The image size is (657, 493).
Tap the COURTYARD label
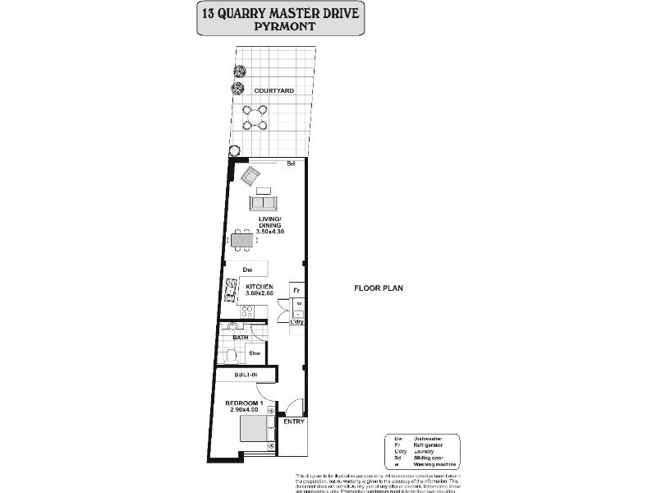274,90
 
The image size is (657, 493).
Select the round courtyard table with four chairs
255,117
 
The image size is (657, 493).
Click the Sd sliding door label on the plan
291,164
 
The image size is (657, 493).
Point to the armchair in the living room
250,175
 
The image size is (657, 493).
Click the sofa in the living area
264,202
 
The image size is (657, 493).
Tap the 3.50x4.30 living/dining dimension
270,233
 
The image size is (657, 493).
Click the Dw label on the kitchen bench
246,270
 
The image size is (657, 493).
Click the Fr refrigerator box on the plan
297,291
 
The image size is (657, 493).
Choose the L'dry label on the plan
297,321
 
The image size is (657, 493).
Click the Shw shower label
255,353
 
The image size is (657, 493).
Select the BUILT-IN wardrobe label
246,376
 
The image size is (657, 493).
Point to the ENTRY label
294,422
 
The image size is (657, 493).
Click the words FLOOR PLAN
375,288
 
